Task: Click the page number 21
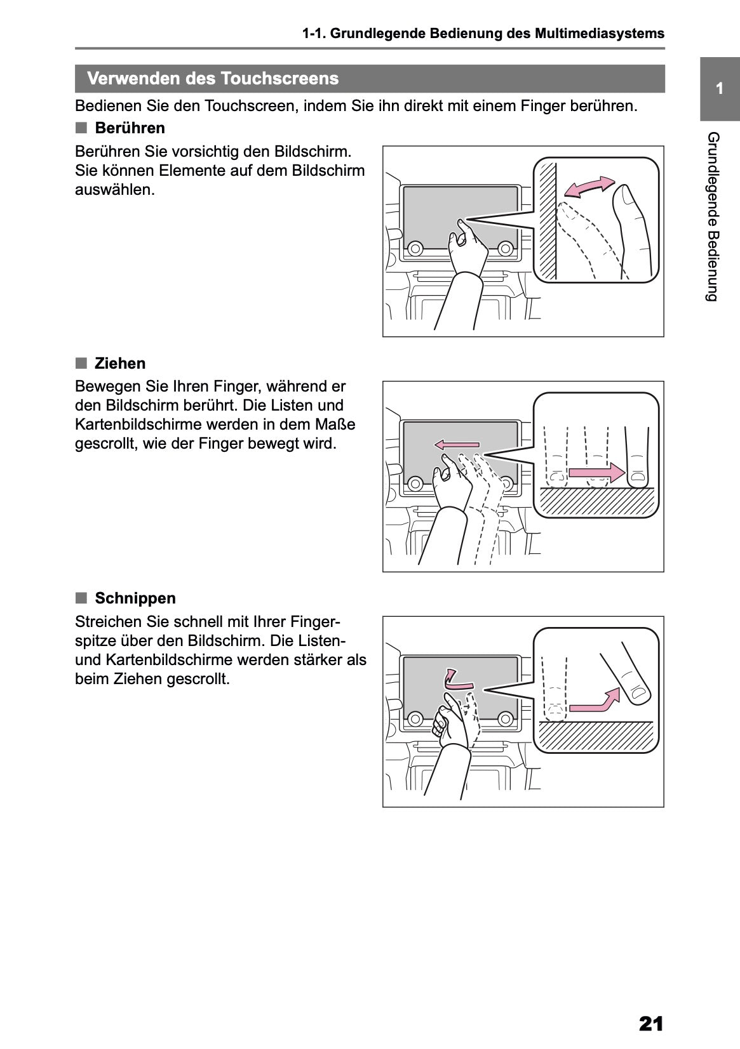click(651, 1024)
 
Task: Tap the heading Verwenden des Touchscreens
click(213, 79)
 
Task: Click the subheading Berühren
click(130, 128)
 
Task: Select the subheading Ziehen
click(120, 364)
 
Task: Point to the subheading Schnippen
click(135, 598)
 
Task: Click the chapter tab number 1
click(719, 89)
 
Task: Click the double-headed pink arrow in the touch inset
click(589, 186)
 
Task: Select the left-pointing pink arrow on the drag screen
click(457, 445)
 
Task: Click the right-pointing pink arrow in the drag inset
click(596, 472)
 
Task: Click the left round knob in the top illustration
click(415, 248)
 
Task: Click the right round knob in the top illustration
click(506, 247)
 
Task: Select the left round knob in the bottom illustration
click(415, 718)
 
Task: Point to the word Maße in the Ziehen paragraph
click(339, 424)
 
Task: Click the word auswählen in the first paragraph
click(114, 190)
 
